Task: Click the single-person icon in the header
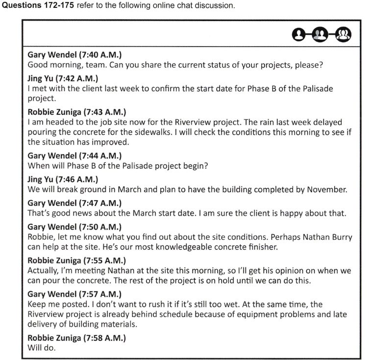298,34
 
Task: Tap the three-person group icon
345,34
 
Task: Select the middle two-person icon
321,34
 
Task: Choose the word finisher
262,247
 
